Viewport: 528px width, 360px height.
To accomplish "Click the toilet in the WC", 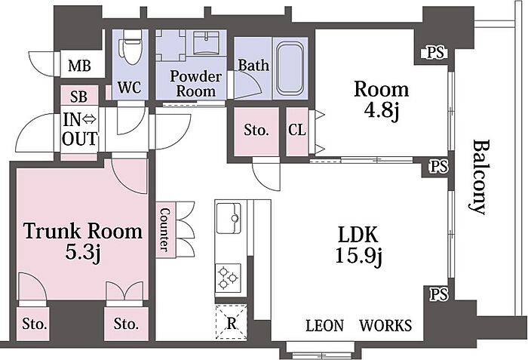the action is pos(130,47).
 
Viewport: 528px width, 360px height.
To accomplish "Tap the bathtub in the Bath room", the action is pos(290,69).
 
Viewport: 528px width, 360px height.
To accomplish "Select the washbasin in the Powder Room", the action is pos(207,43).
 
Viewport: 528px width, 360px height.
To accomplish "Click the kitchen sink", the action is pos(229,218).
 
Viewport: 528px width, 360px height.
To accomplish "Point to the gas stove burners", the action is pos(228,278).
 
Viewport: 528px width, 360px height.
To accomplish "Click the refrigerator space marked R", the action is pos(232,322).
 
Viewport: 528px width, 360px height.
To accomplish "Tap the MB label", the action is pos(79,66).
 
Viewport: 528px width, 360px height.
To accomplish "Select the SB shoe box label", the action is pos(78,97).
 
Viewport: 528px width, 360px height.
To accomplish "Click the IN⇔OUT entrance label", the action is pos(80,129).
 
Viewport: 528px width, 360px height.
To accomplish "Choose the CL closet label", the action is pos(297,130).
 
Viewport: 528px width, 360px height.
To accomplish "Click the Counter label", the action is pos(165,230).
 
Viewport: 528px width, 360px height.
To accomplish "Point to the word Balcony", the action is pos(480,177).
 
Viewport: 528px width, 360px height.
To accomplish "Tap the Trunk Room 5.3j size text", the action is pos(83,253).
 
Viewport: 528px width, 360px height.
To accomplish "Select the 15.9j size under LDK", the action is pos(358,257).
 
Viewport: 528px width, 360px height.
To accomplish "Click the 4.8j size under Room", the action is pos(382,110).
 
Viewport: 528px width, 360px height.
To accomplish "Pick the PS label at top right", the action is pos(437,53).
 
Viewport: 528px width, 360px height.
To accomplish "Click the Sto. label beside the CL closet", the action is pos(256,130).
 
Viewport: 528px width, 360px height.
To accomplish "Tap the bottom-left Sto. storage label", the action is pos(35,324).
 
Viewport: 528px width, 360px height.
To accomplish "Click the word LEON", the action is pos(324,325).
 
